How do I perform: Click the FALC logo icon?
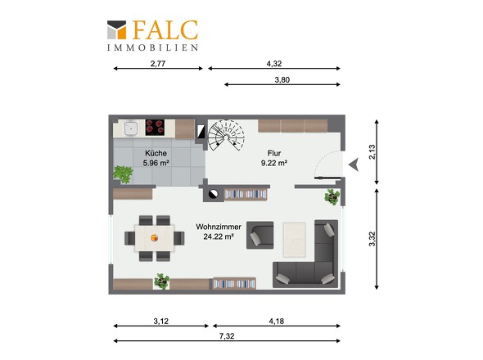click(117, 30)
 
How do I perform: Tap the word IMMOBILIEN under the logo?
click(153, 47)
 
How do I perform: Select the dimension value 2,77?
click(158, 64)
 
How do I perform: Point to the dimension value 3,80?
click(282, 79)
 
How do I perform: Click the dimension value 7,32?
click(227, 336)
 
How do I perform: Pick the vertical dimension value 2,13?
click(372, 152)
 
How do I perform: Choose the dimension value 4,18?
click(277, 322)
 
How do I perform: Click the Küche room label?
click(156, 153)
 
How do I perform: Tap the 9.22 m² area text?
click(274, 163)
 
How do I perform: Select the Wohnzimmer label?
click(219, 227)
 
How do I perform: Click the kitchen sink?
click(131, 128)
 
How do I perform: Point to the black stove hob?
click(155, 128)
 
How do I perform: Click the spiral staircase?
click(226, 135)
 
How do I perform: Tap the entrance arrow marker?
click(354, 164)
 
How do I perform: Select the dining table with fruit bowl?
click(155, 238)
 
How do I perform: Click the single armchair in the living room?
click(260, 236)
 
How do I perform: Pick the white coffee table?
click(294, 240)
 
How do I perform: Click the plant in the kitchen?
click(123, 174)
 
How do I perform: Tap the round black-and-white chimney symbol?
click(213, 194)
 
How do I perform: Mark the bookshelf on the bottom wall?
click(234, 283)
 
